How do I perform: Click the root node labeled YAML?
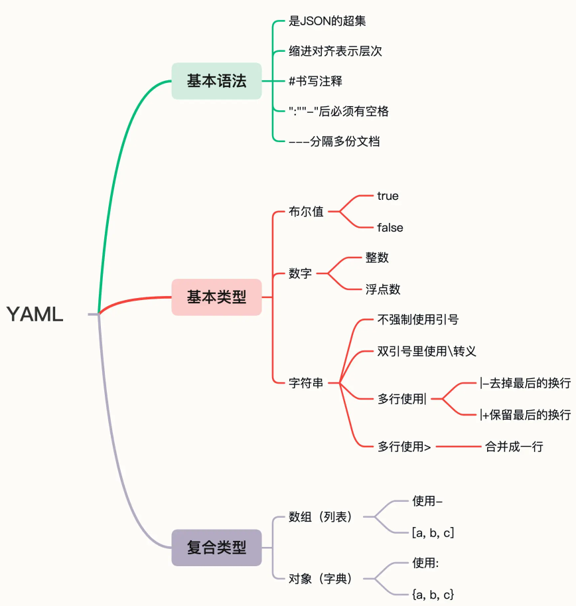point(35,315)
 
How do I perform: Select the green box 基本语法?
point(216,81)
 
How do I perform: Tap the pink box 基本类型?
point(216,297)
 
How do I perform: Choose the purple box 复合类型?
point(216,548)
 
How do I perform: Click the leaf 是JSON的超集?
point(327,21)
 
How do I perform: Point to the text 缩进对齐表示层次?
point(335,51)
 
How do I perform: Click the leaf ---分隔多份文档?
point(334,141)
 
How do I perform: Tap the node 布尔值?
point(306,212)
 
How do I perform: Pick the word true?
point(388,196)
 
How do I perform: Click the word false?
point(390,228)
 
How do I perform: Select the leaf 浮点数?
point(383,289)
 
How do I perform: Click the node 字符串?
point(306,383)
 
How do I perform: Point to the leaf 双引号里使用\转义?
point(427,351)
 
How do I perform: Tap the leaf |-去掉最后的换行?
point(525,383)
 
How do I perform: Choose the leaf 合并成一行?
point(514,447)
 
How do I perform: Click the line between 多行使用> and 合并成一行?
point(458,447)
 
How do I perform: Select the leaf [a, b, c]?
point(433,533)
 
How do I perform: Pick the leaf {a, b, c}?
point(433,595)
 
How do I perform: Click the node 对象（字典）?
point(321,579)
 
